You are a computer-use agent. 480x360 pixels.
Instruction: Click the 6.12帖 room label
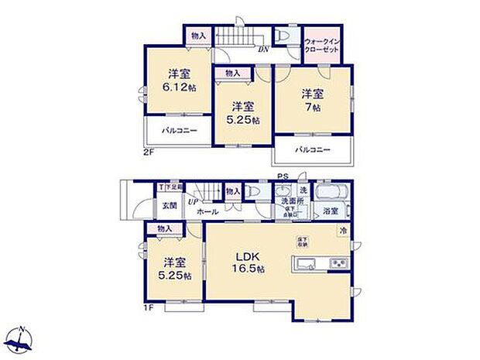180,81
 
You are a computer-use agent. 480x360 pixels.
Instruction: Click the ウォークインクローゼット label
322,44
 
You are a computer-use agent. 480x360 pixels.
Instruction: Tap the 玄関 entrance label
170,206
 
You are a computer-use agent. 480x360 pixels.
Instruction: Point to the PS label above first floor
283,177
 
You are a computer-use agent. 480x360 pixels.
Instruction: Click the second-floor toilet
283,36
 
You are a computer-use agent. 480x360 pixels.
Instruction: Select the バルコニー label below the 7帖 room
313,149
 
